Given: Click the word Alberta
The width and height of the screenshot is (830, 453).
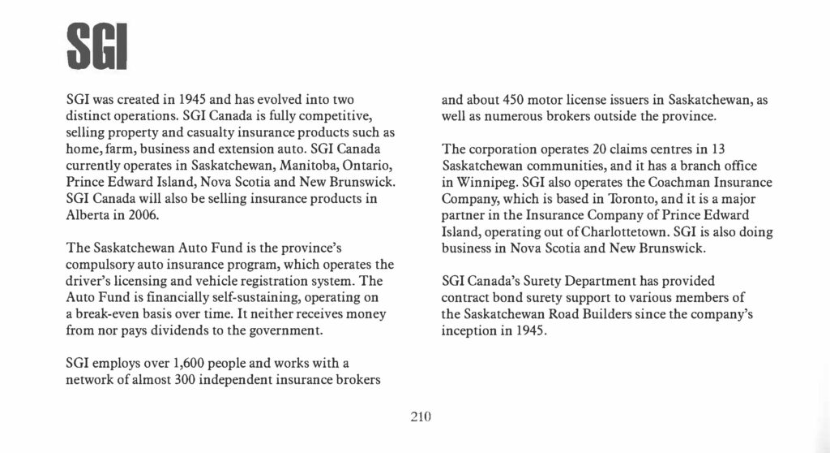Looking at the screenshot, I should point(87,216).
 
